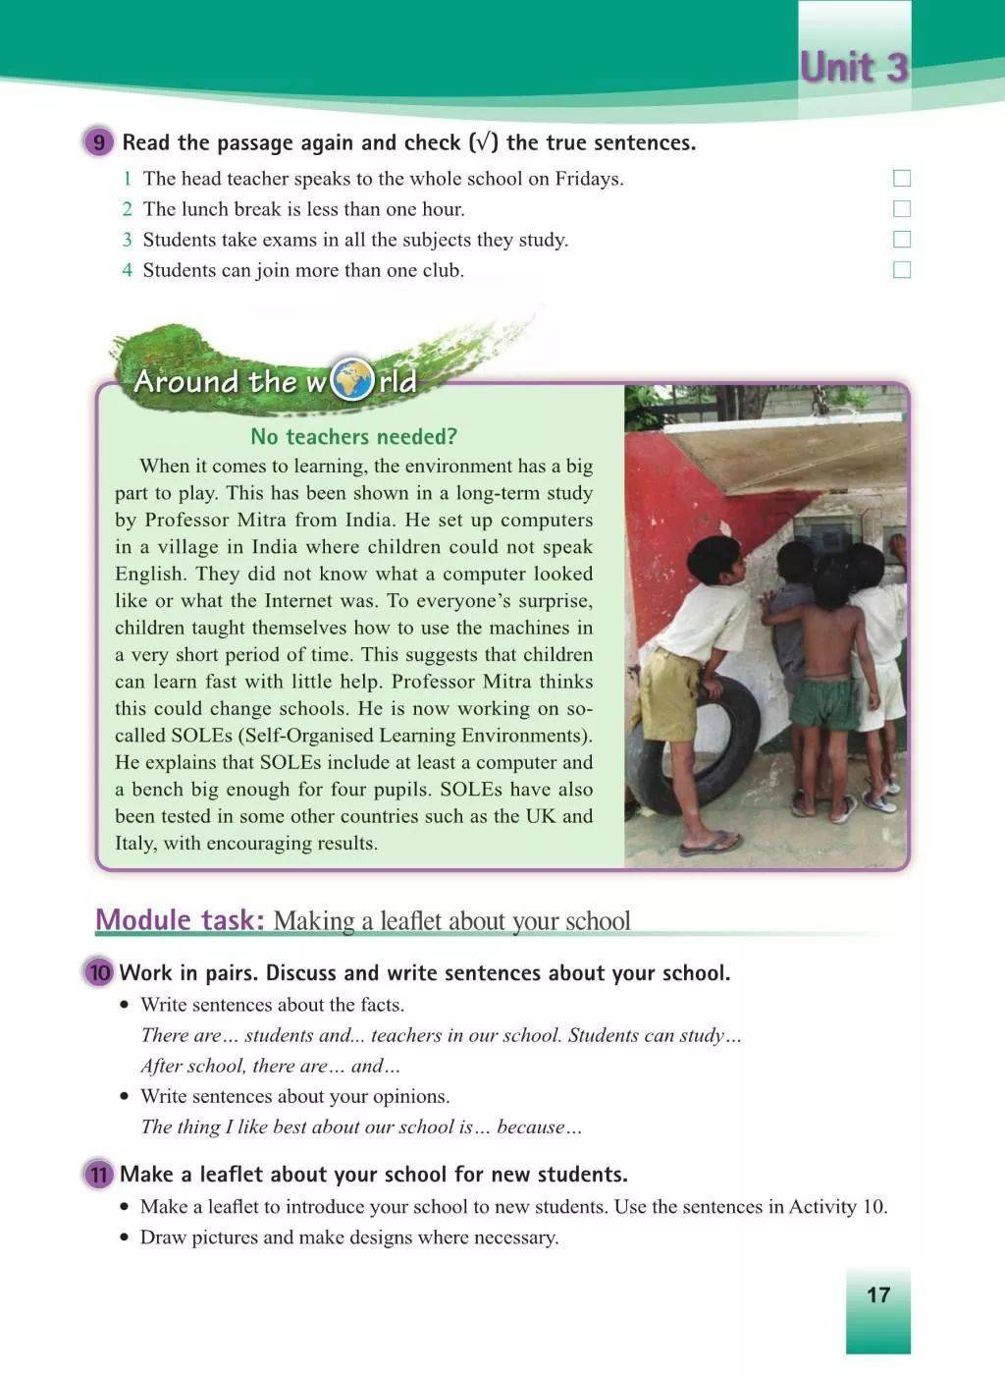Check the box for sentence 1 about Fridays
click(902, 179)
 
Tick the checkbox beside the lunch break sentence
click(902, 209)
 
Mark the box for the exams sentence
click(902, 240)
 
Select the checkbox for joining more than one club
click(902, 270)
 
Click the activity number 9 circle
click(98, 142)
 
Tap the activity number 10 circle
click(99, 973)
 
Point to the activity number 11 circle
click(99, 1175)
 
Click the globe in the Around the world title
click(352, 381)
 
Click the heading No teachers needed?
click(353, 437)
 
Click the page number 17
click(877, 1294)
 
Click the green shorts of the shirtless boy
click(824, 701)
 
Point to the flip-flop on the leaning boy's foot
click(711, 842)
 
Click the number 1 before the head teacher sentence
click(127, 179)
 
